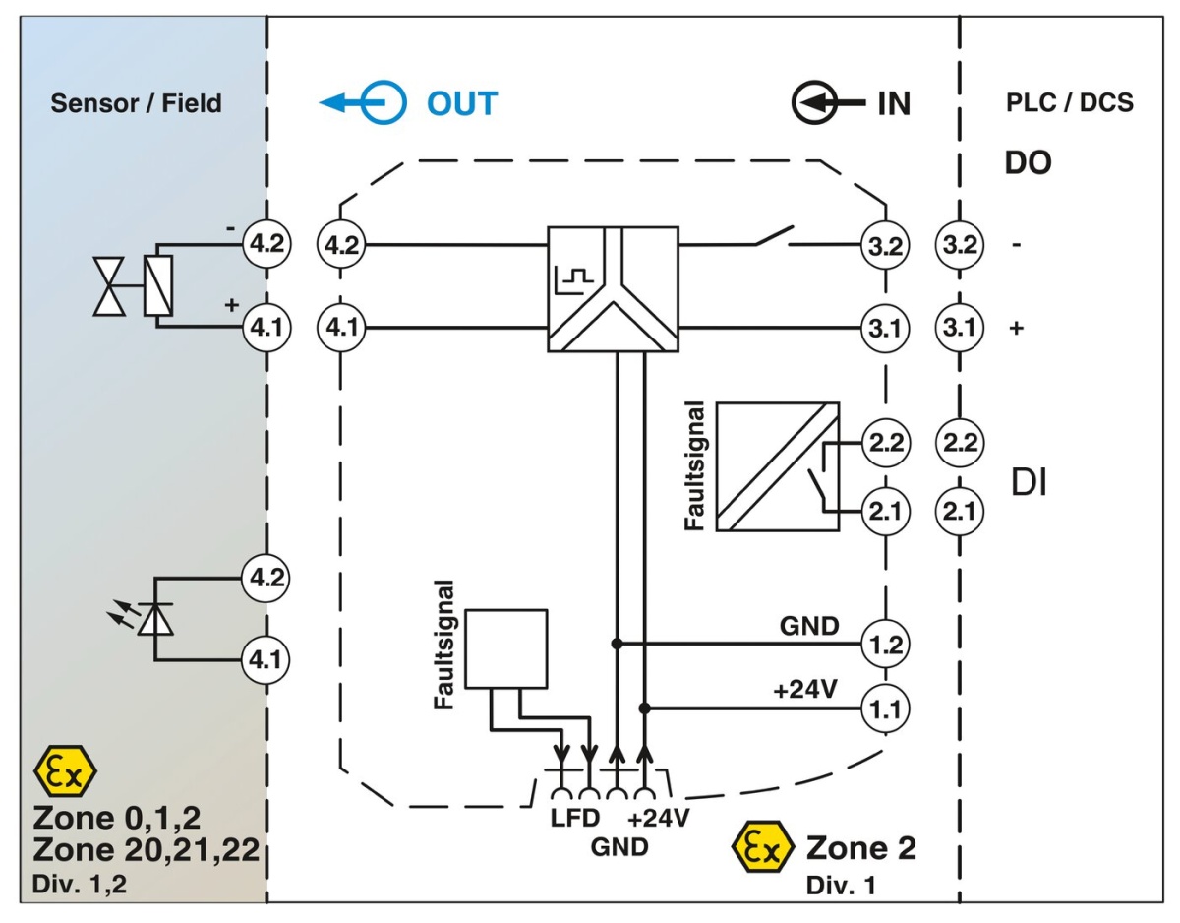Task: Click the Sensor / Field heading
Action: (x=136, y=102)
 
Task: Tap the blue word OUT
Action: (x=461, y=102)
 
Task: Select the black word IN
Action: (x=893, y=103)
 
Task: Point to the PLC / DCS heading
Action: (x=1070, y=102)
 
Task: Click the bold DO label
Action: (x=1028, y=163)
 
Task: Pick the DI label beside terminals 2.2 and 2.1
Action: (x=1029, y=483)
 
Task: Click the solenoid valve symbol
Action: (x=136, y=285)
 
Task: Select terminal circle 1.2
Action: (x=887, y=645)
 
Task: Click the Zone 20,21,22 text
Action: (x=145, y=849)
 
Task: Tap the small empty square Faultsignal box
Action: (x=505, y=647)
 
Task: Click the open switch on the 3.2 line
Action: (x=774, y=237)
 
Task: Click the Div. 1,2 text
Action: (x=79, y=883)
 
